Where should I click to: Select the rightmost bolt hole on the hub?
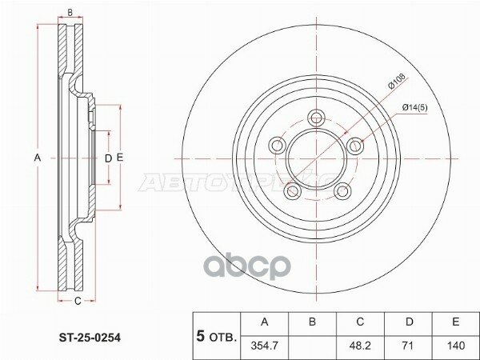[x=354, y=144]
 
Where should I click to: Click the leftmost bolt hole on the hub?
[x=278, y=145]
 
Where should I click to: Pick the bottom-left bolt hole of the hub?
[x=293, y=190]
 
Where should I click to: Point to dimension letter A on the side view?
[x=37, y=158]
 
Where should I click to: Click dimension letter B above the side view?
[x=70, y=13]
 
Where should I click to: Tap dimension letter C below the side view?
[x=77, y=302]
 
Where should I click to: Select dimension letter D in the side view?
[x=108, y=158]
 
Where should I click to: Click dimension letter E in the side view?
[x=120, y=158]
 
